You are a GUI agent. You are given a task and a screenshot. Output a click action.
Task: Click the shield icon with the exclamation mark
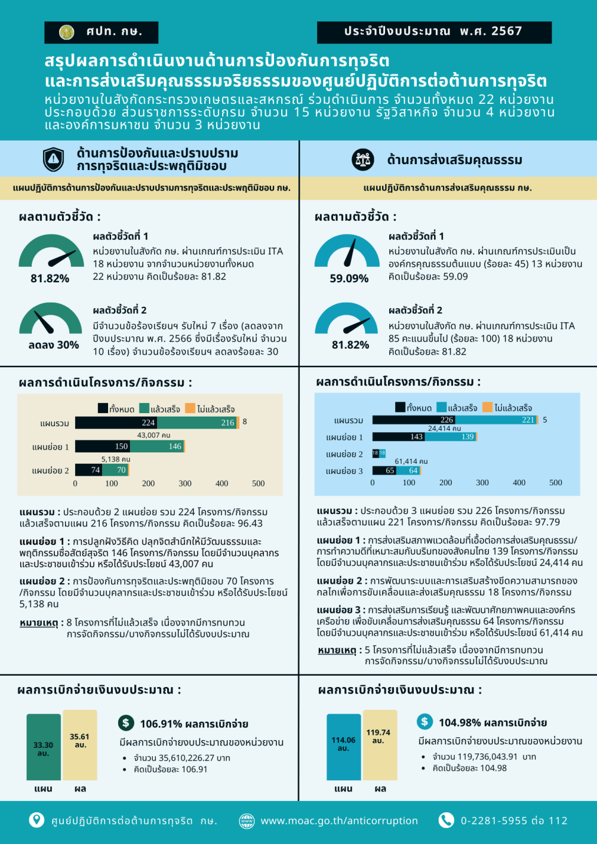click(x=54, y=159)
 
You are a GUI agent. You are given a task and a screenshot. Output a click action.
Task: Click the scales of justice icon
click(x=362, y=159)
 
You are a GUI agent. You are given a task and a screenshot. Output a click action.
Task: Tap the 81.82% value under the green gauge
click(x=50, y=279)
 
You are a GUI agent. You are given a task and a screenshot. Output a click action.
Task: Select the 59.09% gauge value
click(x=349, y=279)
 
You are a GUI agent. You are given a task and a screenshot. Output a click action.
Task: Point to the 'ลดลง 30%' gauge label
click(x=54, y=345)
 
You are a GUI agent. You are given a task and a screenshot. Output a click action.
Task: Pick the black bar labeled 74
click(x=88, y=470)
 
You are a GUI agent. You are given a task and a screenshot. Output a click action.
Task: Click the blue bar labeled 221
click(x=496, y=420)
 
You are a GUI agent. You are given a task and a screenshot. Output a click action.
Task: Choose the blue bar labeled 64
click(x=408, y=470)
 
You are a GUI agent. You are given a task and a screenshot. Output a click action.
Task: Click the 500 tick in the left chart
click(x=259, y=483)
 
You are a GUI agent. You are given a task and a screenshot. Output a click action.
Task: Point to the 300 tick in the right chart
click(x=482, y=482)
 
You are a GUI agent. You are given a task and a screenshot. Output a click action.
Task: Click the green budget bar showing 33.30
click(x=44, y=747)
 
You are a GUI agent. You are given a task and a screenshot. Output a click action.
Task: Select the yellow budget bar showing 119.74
click(x=379, y=744)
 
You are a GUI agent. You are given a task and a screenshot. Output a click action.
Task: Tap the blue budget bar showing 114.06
click(x=343, y=746)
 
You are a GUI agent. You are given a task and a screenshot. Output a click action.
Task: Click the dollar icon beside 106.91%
click(x=126, y=723)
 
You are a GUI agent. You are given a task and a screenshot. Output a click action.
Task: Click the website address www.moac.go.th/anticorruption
click(x=339, y=821)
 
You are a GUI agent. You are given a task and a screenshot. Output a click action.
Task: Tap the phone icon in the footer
click(x=446, y=820)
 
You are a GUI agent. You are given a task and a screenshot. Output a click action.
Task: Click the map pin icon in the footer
click(x=36, y=820)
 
